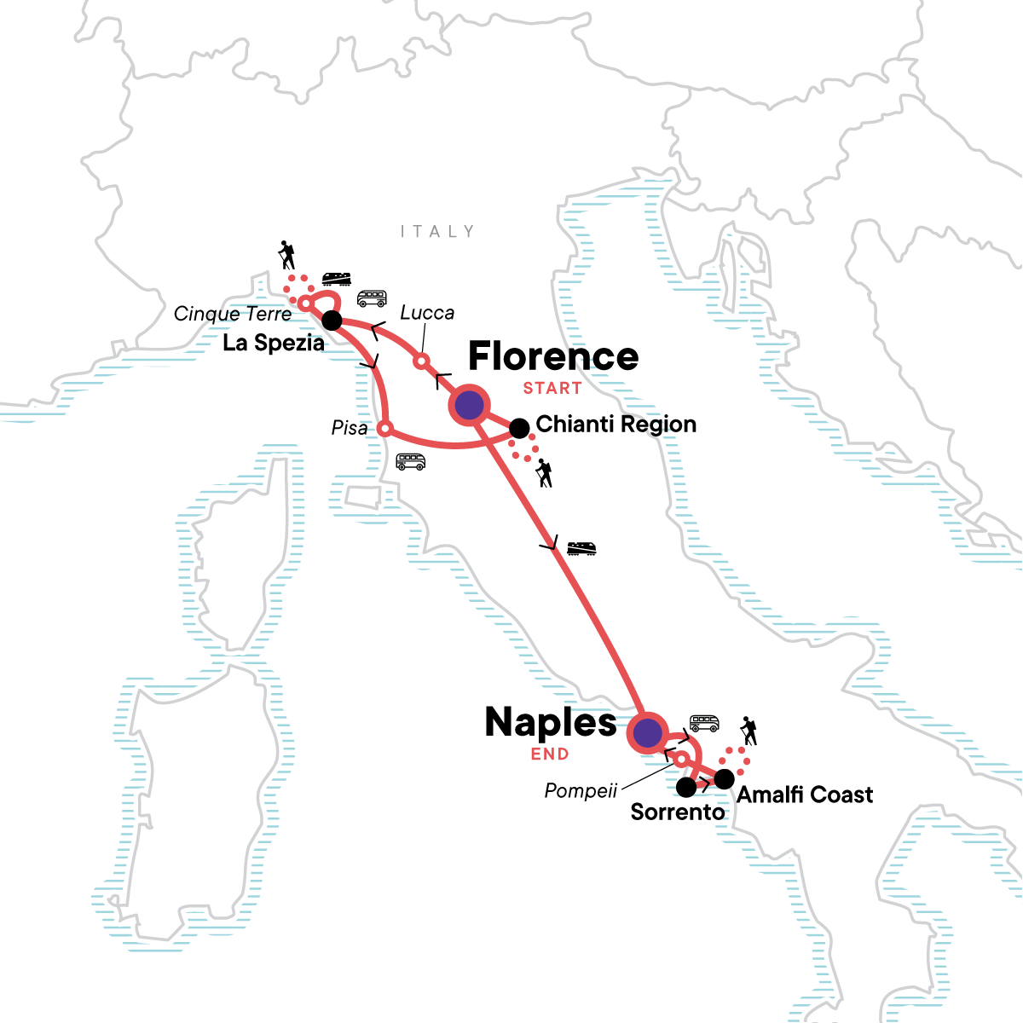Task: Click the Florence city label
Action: [553, 356]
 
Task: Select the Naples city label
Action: [550, 723]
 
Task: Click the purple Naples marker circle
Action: [647, 732]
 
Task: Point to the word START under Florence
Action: [552, 389]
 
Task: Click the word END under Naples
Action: [550, 754]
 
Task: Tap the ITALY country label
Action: [437, 232]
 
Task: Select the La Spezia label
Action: [274, 344]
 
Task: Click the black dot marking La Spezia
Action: [332, 321]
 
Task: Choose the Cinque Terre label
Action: [233, 315]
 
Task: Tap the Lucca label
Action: [427, 313]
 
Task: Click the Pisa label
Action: [350, 428]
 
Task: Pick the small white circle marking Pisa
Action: [385, 428]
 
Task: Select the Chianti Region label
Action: [616, 425]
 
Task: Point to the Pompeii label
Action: [581, 791]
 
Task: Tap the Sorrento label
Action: [678, 812]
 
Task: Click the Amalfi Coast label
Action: [805, 795]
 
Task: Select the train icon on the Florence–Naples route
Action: [581, 548]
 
